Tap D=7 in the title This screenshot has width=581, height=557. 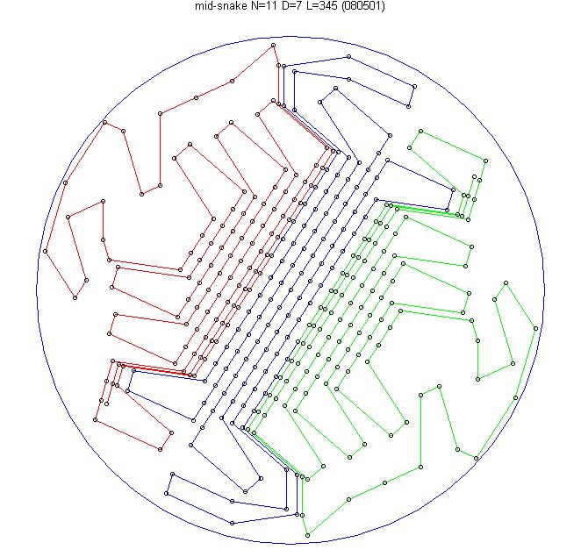tap(286, 6)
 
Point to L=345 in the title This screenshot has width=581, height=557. tap(319, 6)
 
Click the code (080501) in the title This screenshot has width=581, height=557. tap(362, 6)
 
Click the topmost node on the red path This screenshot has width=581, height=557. tap(273, 46)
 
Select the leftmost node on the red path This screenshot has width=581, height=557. tap(46, 251)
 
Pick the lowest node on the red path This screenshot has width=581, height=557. tap(160, 449)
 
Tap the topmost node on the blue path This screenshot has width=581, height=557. tap(348, 57)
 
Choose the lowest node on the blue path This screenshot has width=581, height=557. tap(232, 523)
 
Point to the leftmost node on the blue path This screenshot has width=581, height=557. tap(127, 390)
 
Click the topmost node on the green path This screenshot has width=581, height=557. tap(420, 131)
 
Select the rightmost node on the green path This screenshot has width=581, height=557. tap(535, 328)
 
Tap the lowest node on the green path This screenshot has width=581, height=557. tap(307, 535)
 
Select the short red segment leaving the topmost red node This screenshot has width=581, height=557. tap(276, 55)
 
